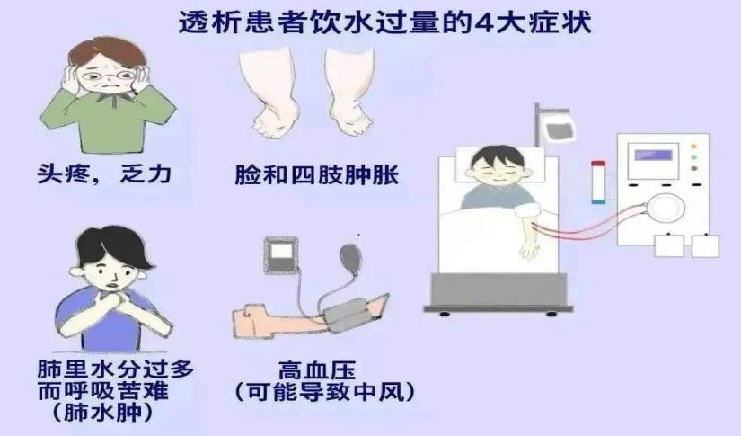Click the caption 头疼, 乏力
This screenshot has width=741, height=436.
(104, 174)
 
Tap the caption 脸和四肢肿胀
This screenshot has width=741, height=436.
(317, 175)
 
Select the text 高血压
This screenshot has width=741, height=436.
(317, 370)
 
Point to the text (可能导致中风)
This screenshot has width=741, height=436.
(325, 392)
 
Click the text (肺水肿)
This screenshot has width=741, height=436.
(102, 413)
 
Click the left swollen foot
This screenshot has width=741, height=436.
(265, 93)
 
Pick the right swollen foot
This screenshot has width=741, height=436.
(349, 93)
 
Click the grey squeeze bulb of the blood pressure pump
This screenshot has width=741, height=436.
(351, 257)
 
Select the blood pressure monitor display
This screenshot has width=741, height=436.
(280, 255)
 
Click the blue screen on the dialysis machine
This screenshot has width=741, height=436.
(654, 156)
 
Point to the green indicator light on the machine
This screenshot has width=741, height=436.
(693, 157)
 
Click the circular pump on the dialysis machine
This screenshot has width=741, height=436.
(666, 207)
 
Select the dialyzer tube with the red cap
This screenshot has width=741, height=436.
(598, 182)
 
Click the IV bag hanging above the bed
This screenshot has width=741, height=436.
(560, 129)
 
